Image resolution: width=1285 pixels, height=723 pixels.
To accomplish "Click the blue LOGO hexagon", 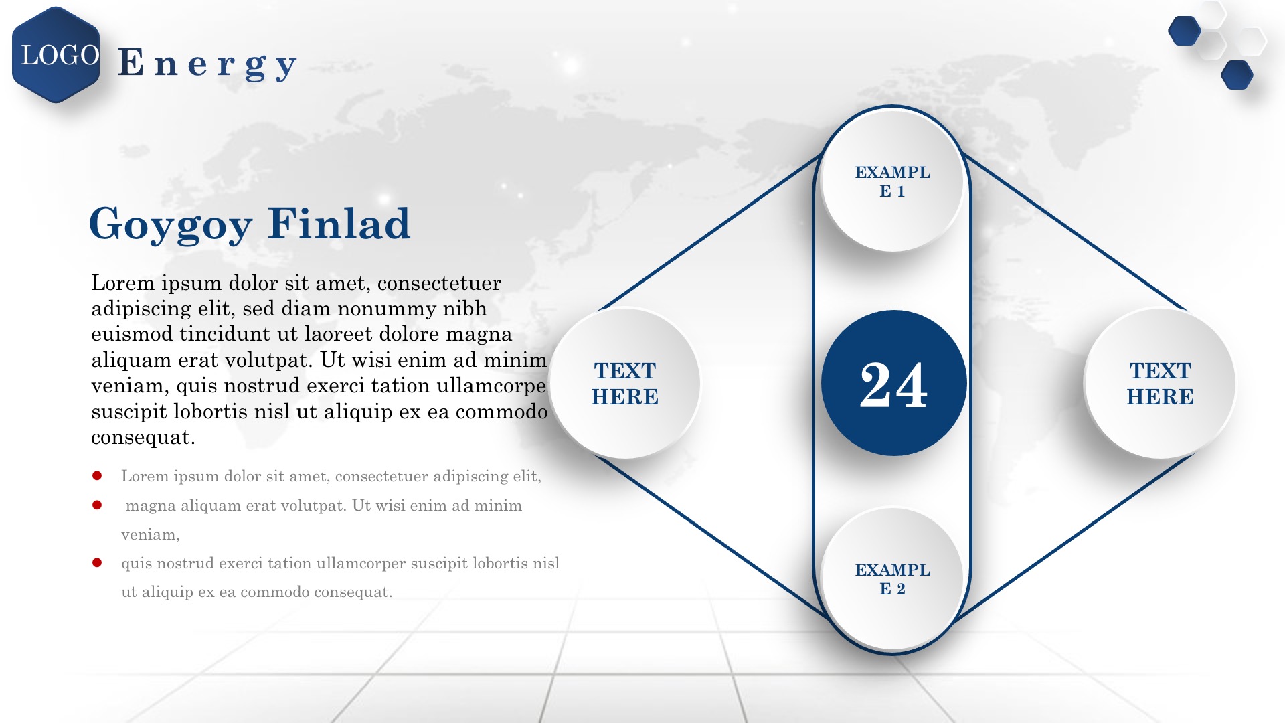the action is (56, 55).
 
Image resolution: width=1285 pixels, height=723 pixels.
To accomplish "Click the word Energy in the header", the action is (207, 64).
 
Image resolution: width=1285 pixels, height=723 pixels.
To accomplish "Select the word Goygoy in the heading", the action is (171, 225).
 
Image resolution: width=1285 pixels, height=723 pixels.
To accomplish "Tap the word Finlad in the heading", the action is (339, 223).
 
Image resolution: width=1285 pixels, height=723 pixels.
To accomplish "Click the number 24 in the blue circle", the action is (893, 384).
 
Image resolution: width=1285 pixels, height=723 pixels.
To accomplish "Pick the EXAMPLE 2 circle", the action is (892, 579).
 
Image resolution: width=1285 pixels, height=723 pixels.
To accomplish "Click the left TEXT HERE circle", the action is (624, 383).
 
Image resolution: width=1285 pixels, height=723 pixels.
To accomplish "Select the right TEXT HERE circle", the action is (1160, 383).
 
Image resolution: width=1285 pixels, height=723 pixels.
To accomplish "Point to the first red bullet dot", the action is (97, 476).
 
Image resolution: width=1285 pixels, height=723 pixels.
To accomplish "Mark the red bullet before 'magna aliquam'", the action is (97, 505).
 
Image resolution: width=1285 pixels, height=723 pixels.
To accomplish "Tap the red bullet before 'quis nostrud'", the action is (97, 563).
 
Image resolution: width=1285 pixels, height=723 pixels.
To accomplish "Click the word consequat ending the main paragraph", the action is (143, 437).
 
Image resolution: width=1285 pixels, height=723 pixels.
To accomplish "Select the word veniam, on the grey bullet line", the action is (151, 535).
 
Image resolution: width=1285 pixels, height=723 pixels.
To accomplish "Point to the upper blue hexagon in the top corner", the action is (1185, 31).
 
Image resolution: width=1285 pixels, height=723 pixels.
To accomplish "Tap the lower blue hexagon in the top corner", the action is (1237, 75).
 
